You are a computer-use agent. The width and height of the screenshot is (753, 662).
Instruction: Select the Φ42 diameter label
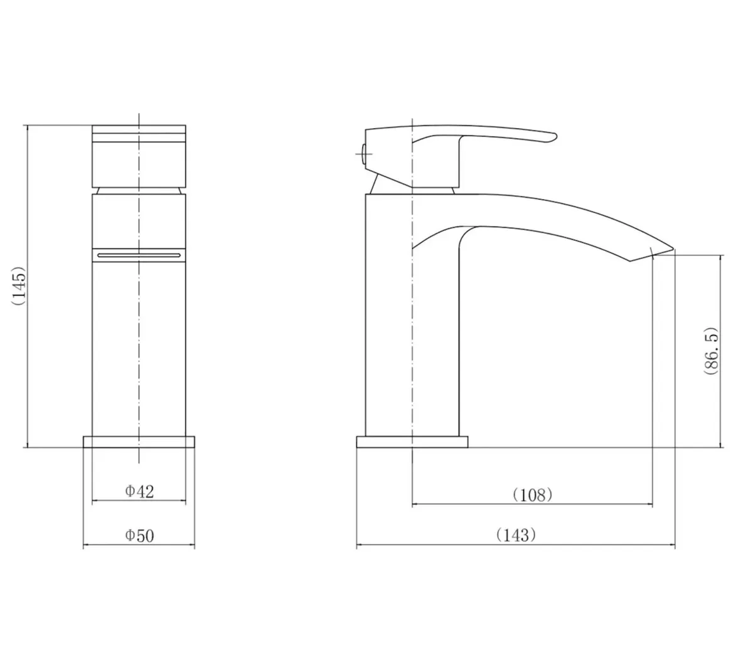[x=139, y=491]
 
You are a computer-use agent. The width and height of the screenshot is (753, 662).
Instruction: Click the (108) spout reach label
[x=532, y=494]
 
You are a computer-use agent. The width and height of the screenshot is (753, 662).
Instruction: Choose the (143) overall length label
[x=516, y=535]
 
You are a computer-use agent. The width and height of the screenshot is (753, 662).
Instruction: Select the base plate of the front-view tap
[x=139, y=441]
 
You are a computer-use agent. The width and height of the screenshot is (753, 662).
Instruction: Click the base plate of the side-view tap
[x=412, y=442]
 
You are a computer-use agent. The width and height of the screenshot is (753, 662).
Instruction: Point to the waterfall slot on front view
[x=139, y=254]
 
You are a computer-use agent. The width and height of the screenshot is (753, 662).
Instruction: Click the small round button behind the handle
[x=362, y=152]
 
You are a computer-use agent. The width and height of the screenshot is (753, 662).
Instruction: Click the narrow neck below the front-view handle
[x=139, y=190]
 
